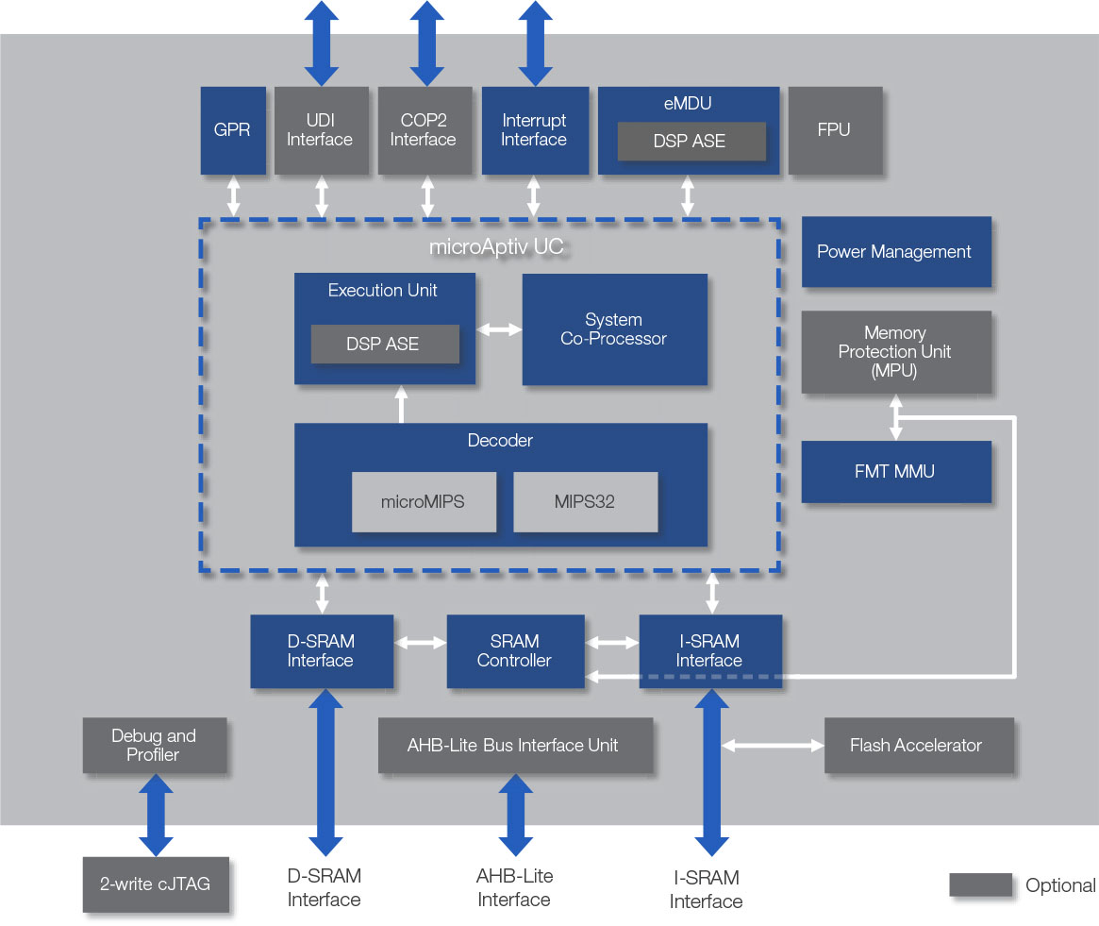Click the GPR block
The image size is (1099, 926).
point(233,130)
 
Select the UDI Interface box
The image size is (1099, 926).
point(321,130)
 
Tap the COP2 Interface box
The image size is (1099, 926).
point(425,130)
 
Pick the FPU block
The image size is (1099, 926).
point(835,130)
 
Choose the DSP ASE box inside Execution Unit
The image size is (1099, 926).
point(385,344)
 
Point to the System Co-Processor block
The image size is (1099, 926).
point(615,329)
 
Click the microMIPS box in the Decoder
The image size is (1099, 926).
point(424,501)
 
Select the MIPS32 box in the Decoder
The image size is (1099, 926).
point(585,501)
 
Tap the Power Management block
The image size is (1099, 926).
point(896,252)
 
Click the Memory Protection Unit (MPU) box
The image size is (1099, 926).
point(896,352)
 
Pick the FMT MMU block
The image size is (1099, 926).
point(896,471)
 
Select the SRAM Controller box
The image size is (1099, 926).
point(515,651)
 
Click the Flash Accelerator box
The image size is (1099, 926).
point(918,745)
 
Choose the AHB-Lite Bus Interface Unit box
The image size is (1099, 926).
point(515,745)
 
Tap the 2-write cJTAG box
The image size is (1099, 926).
point(156,884)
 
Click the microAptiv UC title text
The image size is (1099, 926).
point(496,247)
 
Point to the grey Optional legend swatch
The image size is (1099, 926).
point(980,884)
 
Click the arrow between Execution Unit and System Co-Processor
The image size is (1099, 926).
point(499,329)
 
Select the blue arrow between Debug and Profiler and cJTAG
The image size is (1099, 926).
point(156,816)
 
